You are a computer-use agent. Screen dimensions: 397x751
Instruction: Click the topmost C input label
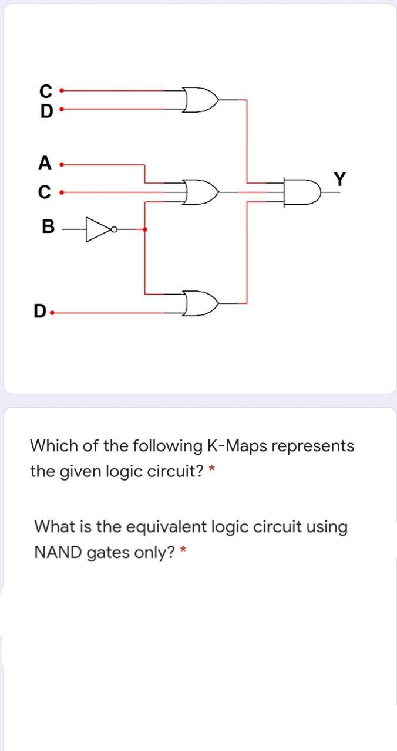45,92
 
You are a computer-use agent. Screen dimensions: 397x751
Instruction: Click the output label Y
339,178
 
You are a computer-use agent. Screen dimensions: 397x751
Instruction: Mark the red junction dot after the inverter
145,229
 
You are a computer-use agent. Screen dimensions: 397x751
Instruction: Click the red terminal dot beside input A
62,164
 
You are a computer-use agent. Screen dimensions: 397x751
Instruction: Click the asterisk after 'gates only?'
184,550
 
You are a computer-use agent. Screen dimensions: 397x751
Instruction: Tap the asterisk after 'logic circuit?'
213,469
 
